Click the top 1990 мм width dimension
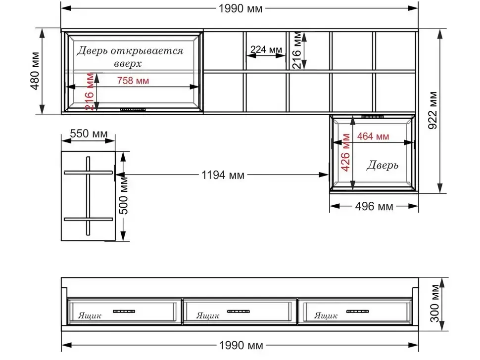pos(240,8)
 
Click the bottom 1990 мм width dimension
pos(241,345)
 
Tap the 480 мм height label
pos(35,71)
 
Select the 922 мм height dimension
pos(433,110)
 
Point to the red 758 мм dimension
pos(133,81)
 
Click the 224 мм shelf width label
pos(266,49)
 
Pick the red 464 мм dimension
pos(373,136)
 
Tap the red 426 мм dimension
pos(345,152)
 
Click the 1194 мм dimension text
pos(223,175)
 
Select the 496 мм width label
pos(374,207)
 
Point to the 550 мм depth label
pos(89,134)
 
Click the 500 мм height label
pos(123,195)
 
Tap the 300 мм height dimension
pos(434,303)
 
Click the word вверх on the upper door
pos(128,64)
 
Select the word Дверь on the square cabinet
pos(383,165)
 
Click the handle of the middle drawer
pos(239,312)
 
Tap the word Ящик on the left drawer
pos(90,315)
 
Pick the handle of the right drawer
pos(358,312)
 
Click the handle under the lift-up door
pos(133,109)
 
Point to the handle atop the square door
pos(373,117)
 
